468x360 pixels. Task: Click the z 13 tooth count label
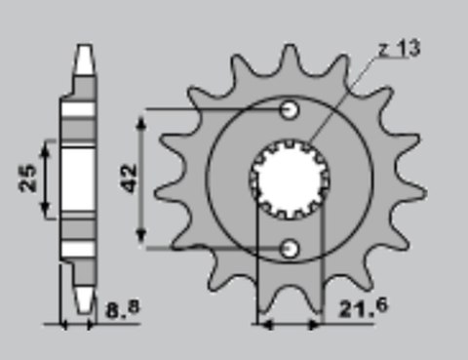pyautogui.click(x=400, y=49)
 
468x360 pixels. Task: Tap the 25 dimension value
pyautogui.click(x=29, y=178)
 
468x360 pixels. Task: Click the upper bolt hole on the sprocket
pyautogui.click(x=290, y=108)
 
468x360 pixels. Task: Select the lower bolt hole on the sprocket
pyautogui.click(x=290, y=250)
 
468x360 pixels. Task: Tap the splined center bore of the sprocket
pyautogui.click(x=290, y=179)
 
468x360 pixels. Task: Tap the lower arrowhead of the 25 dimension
pyautogui.click(x=45, y=214)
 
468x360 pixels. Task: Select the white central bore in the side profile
pyautogui.click(x=85, y=178)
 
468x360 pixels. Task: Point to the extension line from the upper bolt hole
pyautogui.click(x=214, y=107)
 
